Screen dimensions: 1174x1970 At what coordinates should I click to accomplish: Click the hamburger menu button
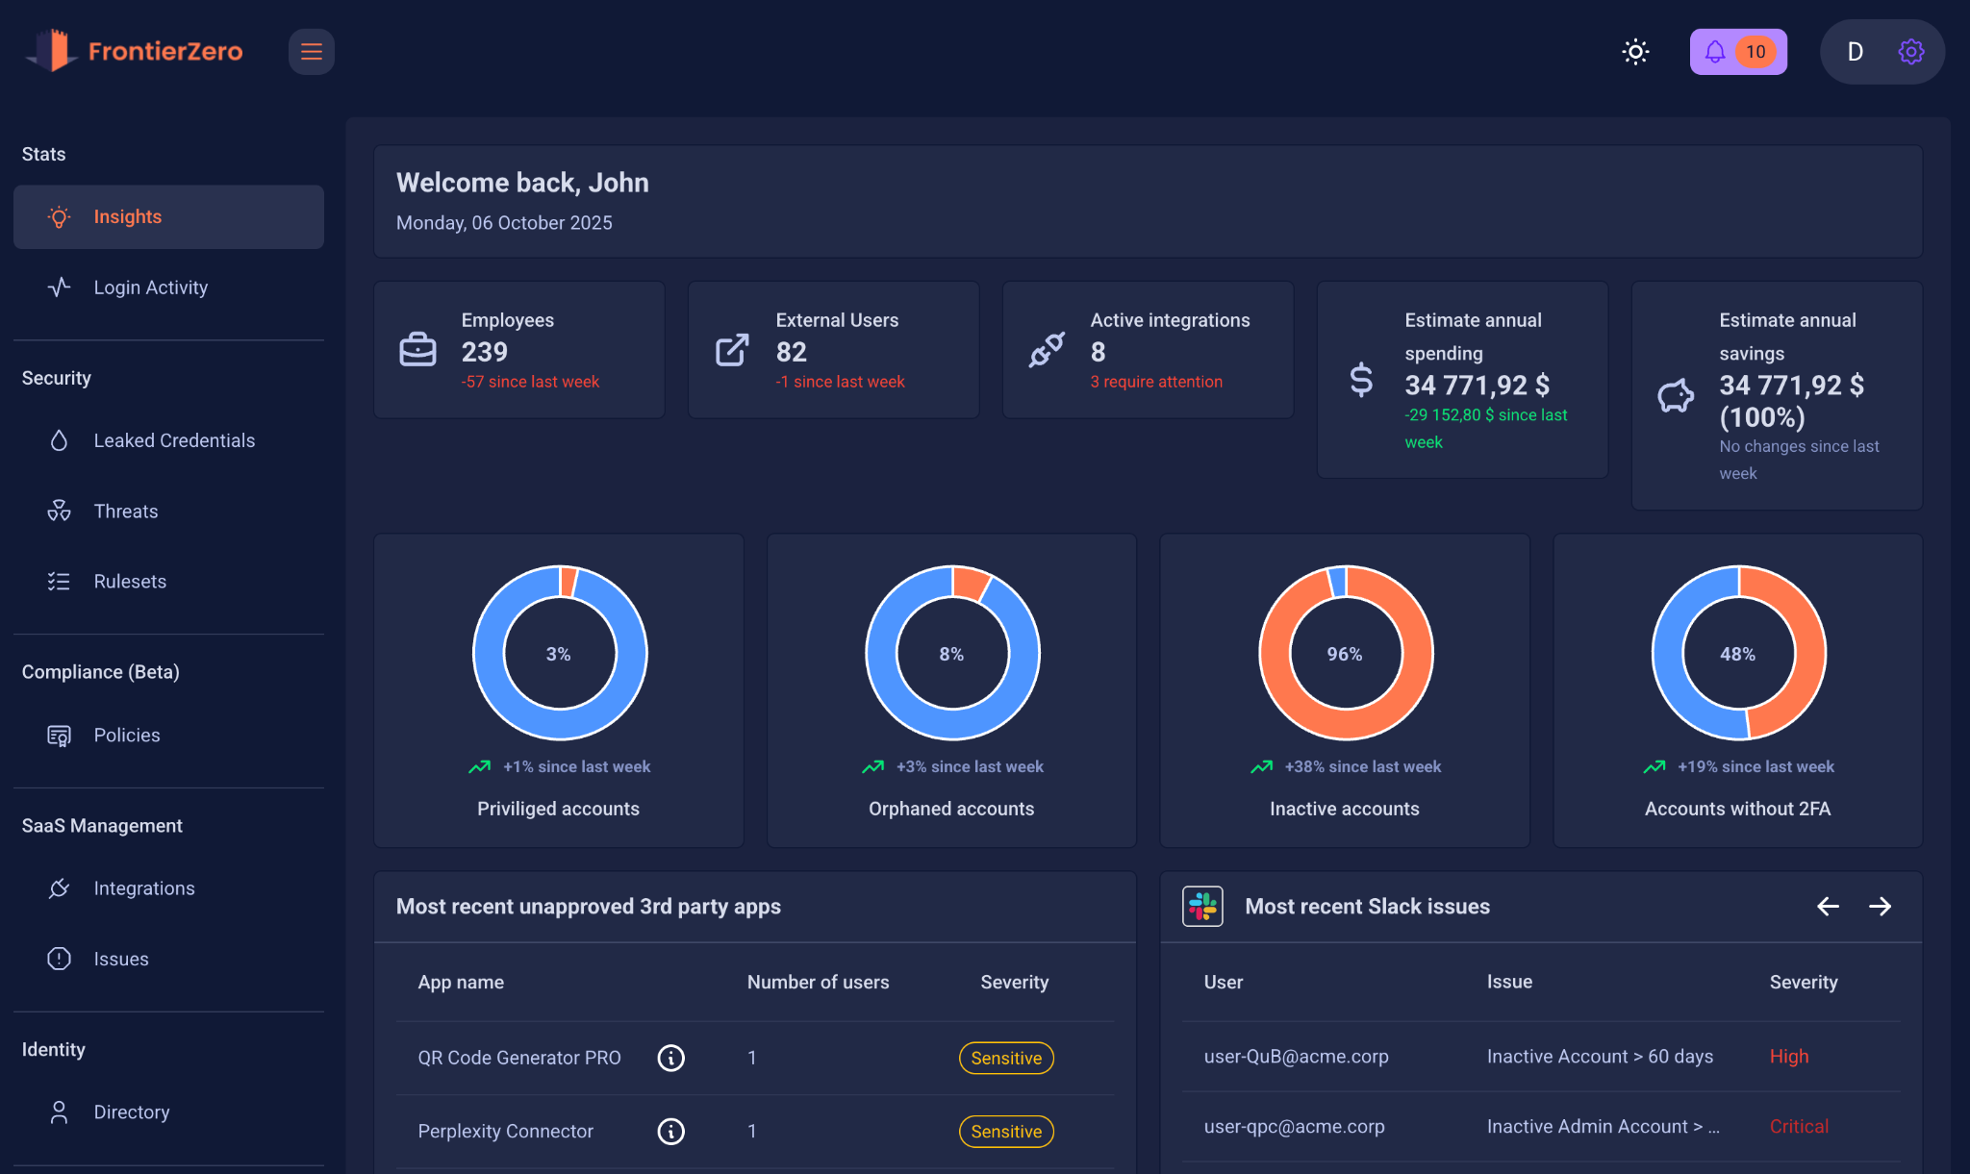[x=311, y=52]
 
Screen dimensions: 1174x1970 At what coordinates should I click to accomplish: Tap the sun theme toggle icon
[x=1635, y=52]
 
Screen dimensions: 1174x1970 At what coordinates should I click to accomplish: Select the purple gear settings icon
[x=1910, y=52]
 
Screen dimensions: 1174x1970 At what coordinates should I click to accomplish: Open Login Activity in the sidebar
[x=150, y=287]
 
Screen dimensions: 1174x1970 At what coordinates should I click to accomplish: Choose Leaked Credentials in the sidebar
[x=173, y=440]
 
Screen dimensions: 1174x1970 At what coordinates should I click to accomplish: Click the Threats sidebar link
[x=125, y=512]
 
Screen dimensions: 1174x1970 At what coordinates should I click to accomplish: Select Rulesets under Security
[x=129, y=582]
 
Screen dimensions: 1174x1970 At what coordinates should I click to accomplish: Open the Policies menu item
[x=126, y=736]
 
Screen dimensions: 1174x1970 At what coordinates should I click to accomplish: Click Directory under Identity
[x=131, y=1112]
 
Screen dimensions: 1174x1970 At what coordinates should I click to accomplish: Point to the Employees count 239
[x=484, y=352]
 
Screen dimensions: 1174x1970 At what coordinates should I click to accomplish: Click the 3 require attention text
[x=1155, y=382]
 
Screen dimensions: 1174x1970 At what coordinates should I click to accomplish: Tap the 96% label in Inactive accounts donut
[x=1344, y=654]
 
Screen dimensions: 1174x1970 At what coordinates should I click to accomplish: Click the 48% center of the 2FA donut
[x=1737, y=654]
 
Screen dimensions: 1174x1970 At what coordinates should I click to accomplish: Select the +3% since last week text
[x=969, y=766]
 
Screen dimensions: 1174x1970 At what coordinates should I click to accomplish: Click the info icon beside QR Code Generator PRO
[x=670, y=1058]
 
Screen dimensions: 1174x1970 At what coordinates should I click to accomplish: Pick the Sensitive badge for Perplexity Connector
[x=1005, y=1132]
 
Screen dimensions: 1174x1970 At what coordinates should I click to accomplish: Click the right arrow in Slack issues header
[x=1880, y=907]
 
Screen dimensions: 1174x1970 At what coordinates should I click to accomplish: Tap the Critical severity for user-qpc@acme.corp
[x=1798, y=1126]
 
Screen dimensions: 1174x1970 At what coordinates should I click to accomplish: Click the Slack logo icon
[x=1201, y=907]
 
